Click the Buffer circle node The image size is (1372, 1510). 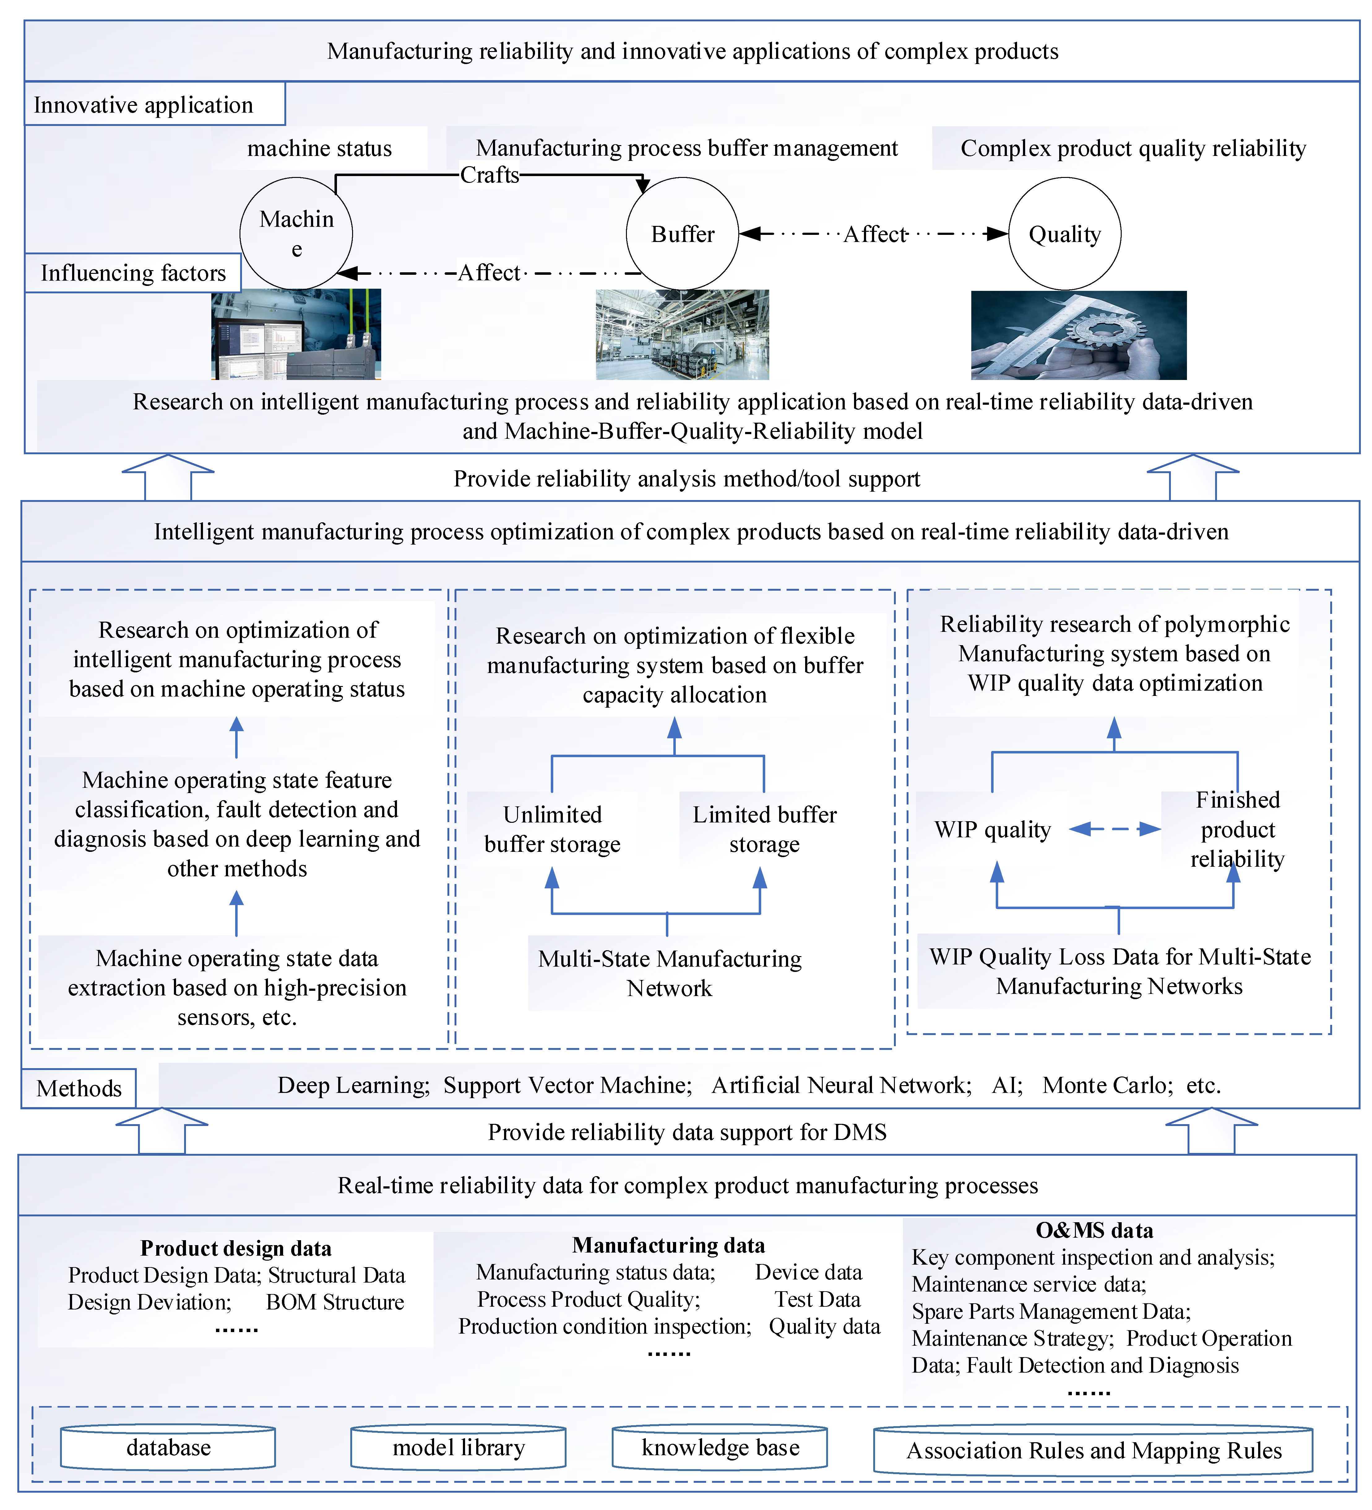tap(682, 234)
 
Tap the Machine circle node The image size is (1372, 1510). tap(296, 234)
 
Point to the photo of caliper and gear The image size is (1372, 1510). tap(1078, 335)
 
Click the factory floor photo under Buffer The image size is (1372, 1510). tap(682, 335)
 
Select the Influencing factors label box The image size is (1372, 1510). tap(132, 273)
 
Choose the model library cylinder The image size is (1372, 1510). tap(458, 1448)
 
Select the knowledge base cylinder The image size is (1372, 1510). tap(720, 1448)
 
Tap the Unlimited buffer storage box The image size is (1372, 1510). tap(552, 829)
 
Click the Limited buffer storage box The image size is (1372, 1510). tap(764, 829)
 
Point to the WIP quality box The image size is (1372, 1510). tap(992, 829)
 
